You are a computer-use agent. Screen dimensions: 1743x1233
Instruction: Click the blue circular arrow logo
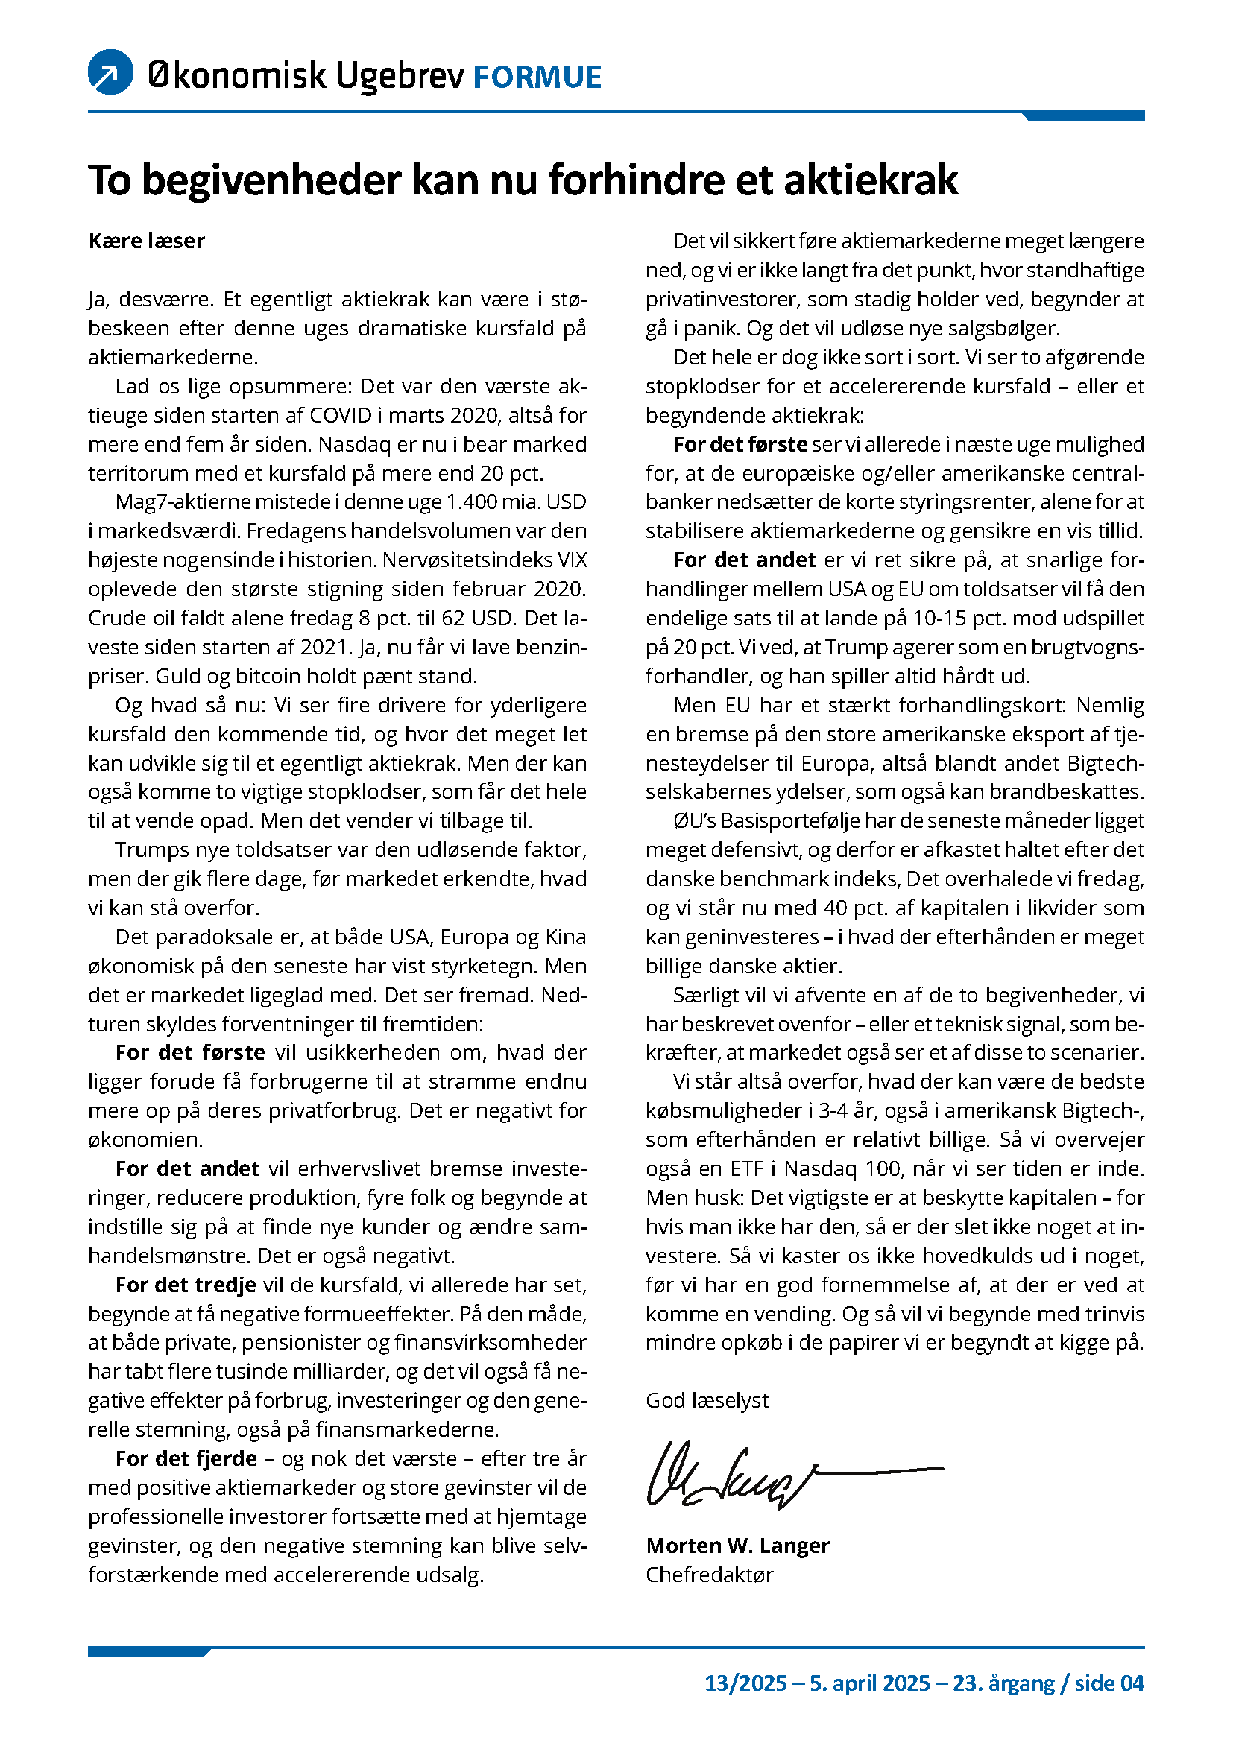(111, 73)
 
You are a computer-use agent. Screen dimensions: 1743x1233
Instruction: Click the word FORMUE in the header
(537, 77)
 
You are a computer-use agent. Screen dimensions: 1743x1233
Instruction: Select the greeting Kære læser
(147, 241)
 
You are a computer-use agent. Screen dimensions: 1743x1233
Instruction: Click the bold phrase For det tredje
(186, 1285)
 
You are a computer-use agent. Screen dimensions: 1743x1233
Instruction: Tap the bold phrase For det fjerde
(186, 1458)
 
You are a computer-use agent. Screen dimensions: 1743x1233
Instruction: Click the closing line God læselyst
(707, 1400)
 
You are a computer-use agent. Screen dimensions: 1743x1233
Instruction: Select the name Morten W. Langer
(737, 1545)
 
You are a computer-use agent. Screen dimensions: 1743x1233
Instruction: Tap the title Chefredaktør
(709, 1575)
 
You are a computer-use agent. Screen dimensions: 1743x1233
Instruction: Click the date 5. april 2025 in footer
(869, 1683)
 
